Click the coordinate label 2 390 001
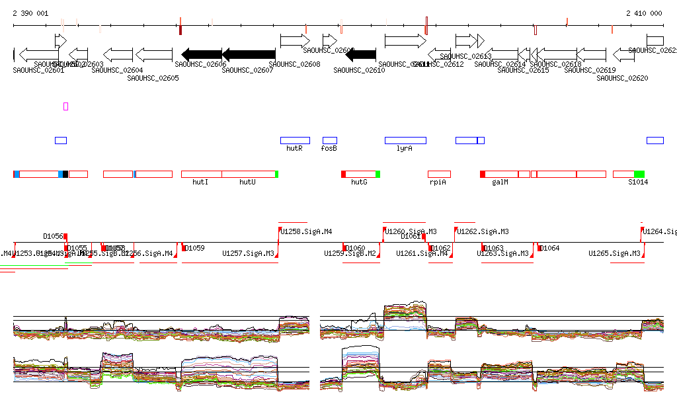click(30, 13)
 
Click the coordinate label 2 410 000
click(644, 13)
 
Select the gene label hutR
click(294, 149)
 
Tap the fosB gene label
click(329, 149)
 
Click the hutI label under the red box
click(200, 182)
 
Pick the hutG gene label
click(359, 182)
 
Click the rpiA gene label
click(438, 182)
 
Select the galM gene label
click(500, 182)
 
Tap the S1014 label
click(638, 182)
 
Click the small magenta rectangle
click(66, 106)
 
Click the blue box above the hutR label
click(295, 140)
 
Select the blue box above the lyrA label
click(405, 140)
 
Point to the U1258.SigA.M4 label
click(307, 231)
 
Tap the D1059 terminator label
click(195, 249)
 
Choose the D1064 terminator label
click(550, 249)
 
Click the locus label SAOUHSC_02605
click(153, 78)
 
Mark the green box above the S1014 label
click(639, 174)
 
